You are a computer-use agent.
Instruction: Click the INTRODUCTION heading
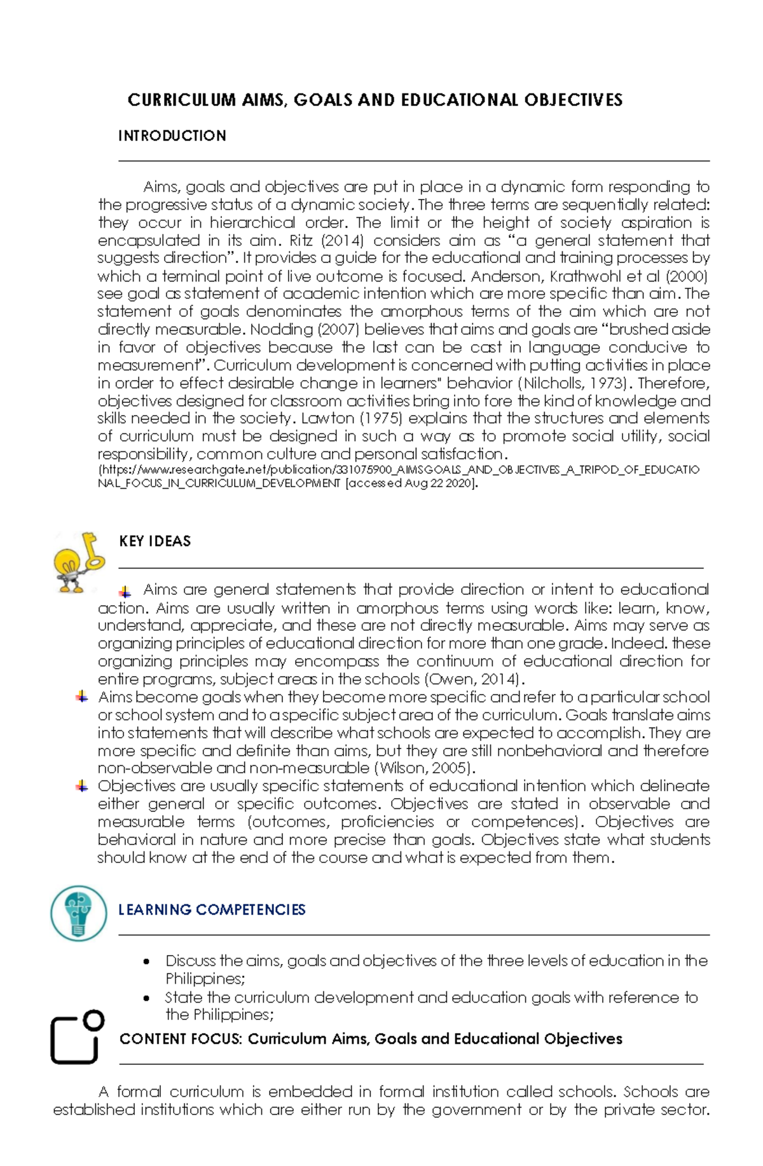pos(172,136)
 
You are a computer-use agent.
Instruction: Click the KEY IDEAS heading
pos(155,541)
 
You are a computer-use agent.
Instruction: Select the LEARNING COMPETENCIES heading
pos(212,910)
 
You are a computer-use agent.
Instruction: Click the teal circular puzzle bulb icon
pos(79,913)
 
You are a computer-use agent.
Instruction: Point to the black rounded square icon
pos(76,1037)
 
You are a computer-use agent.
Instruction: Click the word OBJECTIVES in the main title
pos(573,100)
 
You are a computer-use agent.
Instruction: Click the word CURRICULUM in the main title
pos(181,100)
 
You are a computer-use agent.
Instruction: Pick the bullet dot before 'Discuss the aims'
pos(147,961)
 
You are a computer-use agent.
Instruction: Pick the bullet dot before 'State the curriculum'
pos(147,998)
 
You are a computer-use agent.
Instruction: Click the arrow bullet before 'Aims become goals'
pos(81,697)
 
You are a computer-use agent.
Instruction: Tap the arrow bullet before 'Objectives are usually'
pos(81,786)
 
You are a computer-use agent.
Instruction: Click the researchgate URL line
pos(398,470)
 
